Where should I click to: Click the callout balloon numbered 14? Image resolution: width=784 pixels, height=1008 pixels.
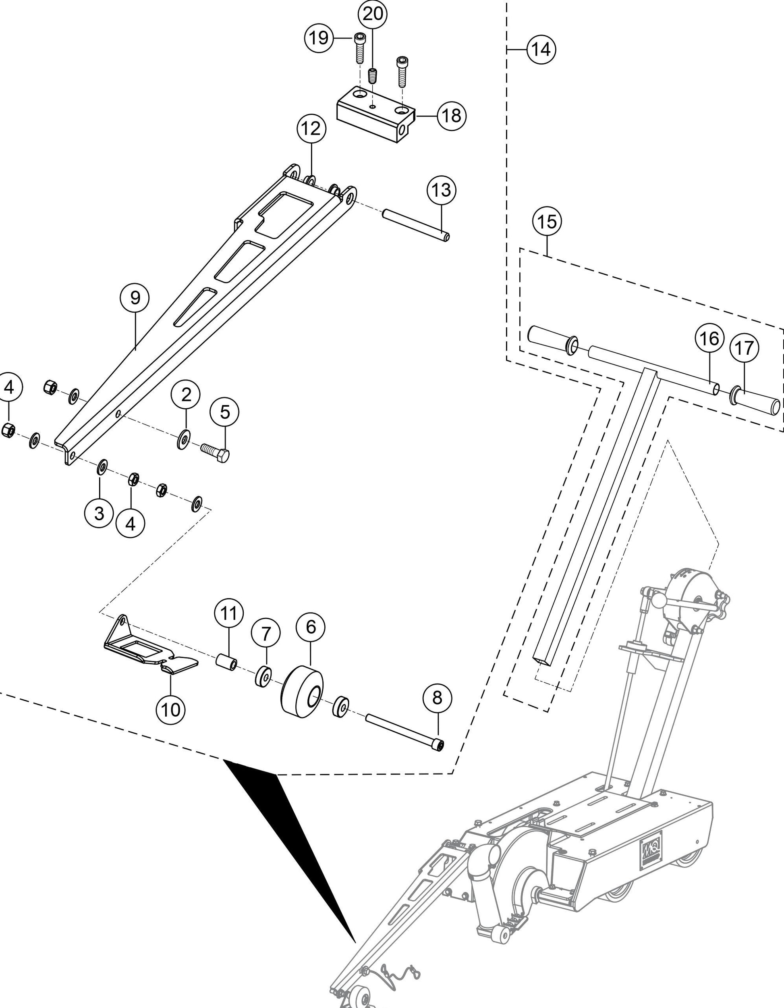pyautogui.click(x=541, y=49)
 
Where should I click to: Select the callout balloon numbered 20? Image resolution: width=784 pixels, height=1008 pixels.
pyautogui.click(x=373, y=14)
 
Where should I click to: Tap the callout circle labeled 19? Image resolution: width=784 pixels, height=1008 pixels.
pyautogui.click(x=319, y=37)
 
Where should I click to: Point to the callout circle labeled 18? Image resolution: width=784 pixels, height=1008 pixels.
pyautogui.click(x=451, y=115)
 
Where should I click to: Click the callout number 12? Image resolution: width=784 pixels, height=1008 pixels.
pyautogui.click(x=311, y=128)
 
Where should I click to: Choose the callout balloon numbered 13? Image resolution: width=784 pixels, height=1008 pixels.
pyautogui.click(x=442, y=190)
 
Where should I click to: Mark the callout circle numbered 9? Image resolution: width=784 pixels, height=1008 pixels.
pyautogui.click(x=135, y=298)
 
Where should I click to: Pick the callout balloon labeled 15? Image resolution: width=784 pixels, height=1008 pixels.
pyautogui.click(x=547, y=222)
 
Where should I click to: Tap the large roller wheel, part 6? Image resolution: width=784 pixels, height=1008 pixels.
pyautogui.click(x=302, y=691)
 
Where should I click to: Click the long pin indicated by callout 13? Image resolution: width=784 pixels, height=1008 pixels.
pyautogui.click(x=415, y=225)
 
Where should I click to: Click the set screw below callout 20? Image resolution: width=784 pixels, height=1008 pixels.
pyautogui.click(x=372, y=76)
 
